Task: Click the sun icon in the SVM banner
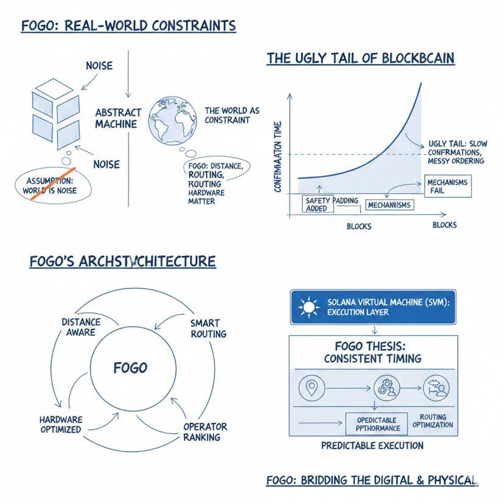pyautogui.click(x=310, y=307)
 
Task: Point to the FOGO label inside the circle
pyautogui.click(x=130, y=368)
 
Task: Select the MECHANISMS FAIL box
pyautogui.click(x=448, y=186)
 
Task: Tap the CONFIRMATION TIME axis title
pyautogui.click(x=278, y=156)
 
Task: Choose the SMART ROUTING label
pyautogui.click(x=208, y=329)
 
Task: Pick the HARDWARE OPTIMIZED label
pyautogui.click(x=60, y=425)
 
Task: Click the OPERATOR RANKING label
pyautogui.click(x=205, y=432)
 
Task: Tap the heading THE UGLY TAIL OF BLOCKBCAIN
pyautogui.click(x=360, y=59)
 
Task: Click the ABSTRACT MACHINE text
pyautogui.click(x=118, y=118)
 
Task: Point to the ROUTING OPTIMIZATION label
pyautogui.click(x=433, y=421)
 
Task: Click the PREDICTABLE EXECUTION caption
pyautogui.click(x=372, y=446)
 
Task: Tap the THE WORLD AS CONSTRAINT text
pyautogui.click(x=231, y=115)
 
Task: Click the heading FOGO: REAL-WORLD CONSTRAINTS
pyautogui.click(x=128, y=26)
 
